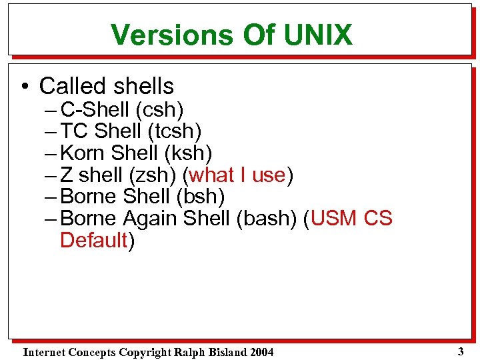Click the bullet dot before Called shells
point(25,87)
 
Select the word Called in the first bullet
point(70,86)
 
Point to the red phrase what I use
point(238,175)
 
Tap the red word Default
point(93,240)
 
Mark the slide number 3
point(460,351)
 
